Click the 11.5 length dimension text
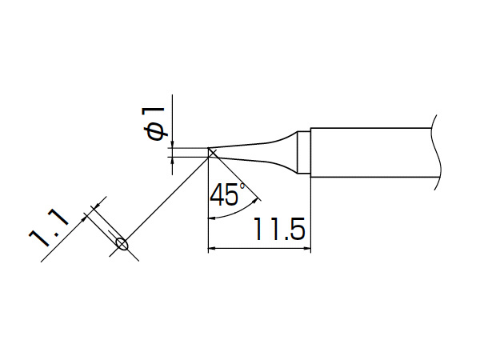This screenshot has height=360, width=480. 279,229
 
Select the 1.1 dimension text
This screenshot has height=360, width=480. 49,226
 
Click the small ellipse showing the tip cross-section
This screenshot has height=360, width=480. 122,244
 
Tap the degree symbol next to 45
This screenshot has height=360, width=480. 242,186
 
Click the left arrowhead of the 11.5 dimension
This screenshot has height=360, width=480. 212,248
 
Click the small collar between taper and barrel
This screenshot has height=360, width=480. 304,153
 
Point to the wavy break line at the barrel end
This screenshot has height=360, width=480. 437,152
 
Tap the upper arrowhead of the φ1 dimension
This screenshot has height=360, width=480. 172,145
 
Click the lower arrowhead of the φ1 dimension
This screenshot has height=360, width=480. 172,161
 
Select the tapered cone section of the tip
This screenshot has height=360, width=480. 254,153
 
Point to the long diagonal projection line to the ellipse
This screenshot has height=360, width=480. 167,198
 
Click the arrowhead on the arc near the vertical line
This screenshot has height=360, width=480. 212,218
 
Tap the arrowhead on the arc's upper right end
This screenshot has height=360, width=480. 255,202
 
